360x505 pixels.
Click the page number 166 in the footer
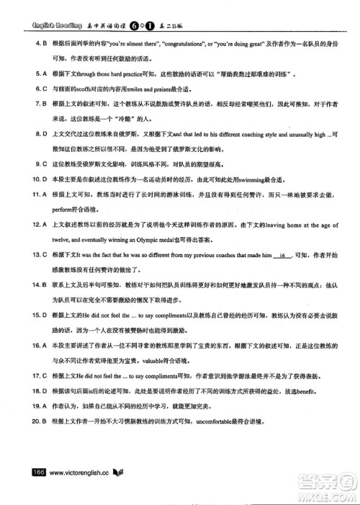(37, 472)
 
